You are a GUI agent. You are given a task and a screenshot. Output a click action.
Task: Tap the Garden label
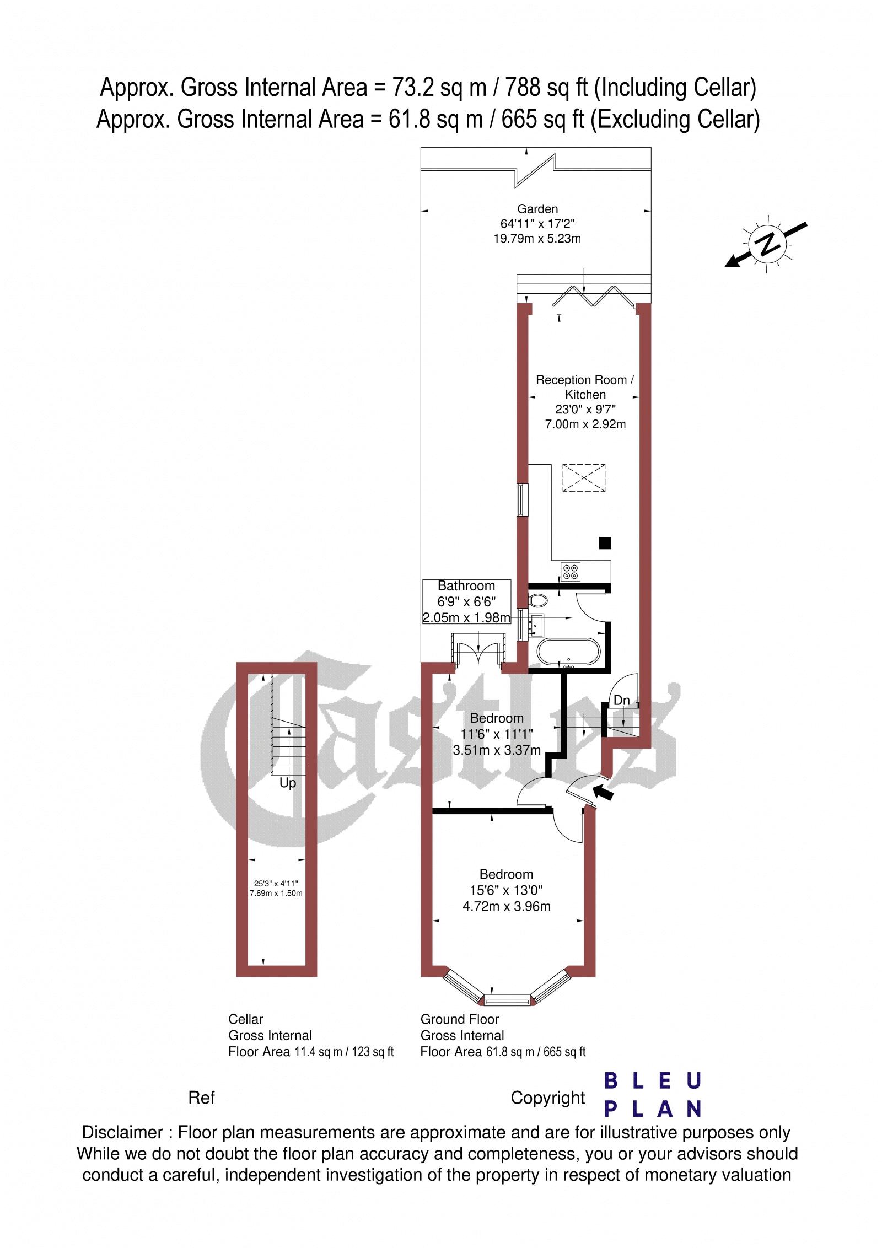pyautogui.click(x=537, y=209)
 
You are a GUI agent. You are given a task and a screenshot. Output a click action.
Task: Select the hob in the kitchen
pyautogui.click(x=569, y=571)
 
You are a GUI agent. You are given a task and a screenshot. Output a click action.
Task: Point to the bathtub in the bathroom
pyautogui.click(x=568, y=652)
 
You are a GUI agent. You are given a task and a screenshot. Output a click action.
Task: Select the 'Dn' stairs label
pyautogui.click(x=622, y=701)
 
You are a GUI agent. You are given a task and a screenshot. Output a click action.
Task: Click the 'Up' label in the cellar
pyautogui.click(x=288, y=783)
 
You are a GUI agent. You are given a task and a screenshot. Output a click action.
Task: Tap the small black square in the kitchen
pyautogui.click(x=605, y=543)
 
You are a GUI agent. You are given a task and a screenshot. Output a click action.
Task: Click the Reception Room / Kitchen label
pyautogui.click(x=585, y=387)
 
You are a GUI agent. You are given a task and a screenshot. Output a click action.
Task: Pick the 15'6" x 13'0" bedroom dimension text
pyautogui.click(x=506, y=890)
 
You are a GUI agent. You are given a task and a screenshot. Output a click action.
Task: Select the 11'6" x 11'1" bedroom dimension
pyautogui.click(x=496, y=734)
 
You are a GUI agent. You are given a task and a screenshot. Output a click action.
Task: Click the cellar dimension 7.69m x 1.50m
pyautogui.click(x=276, y=894)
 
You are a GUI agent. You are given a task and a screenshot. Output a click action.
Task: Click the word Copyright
pyautogui.click(x=547, y=1098)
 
